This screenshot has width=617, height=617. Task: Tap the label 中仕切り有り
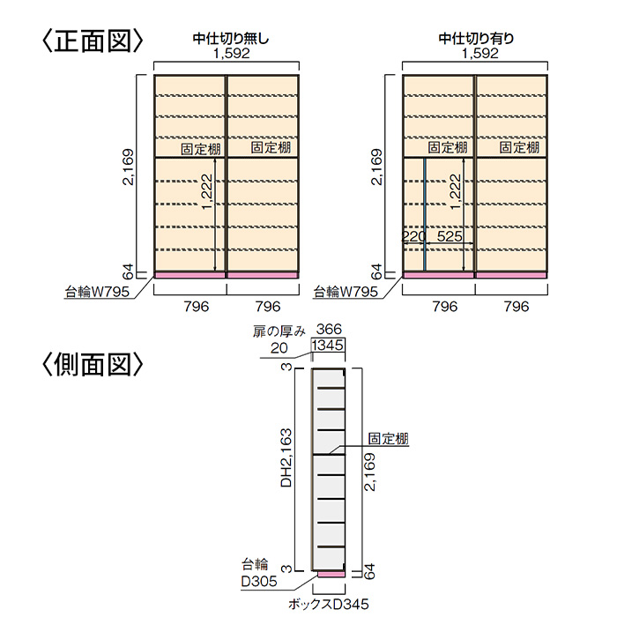point(477,38)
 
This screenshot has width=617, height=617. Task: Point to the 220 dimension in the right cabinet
point(413,236)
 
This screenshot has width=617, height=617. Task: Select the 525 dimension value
point(449,236)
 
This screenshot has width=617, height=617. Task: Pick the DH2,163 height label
point(286,457)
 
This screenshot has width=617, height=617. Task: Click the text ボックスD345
point(328,604)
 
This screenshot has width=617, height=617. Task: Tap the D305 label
point(259,581)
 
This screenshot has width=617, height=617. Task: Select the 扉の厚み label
point(279,331)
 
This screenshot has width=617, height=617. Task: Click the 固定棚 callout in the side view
point(388,438)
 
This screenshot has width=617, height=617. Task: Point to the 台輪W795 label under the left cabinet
point(98,290)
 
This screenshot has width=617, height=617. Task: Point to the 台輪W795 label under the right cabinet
point(346,290)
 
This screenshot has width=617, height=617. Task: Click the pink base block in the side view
point(331,574)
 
